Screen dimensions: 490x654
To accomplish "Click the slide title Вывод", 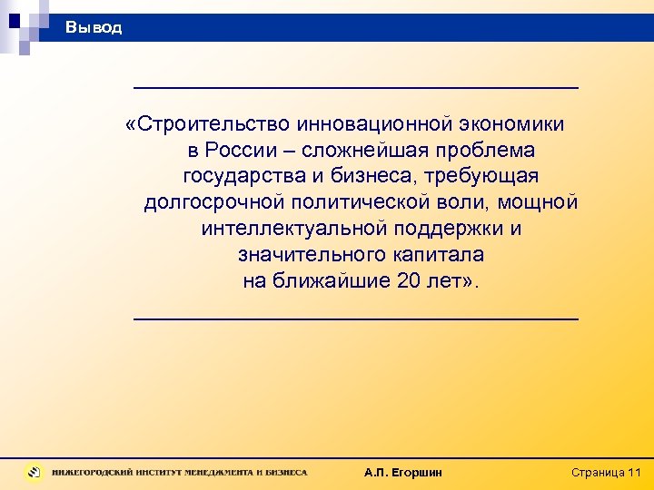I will (93, 28).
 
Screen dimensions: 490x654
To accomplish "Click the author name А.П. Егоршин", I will (402, 473).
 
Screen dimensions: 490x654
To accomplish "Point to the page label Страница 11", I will (606, 473).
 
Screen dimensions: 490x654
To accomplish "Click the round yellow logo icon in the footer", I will (35, 472).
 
